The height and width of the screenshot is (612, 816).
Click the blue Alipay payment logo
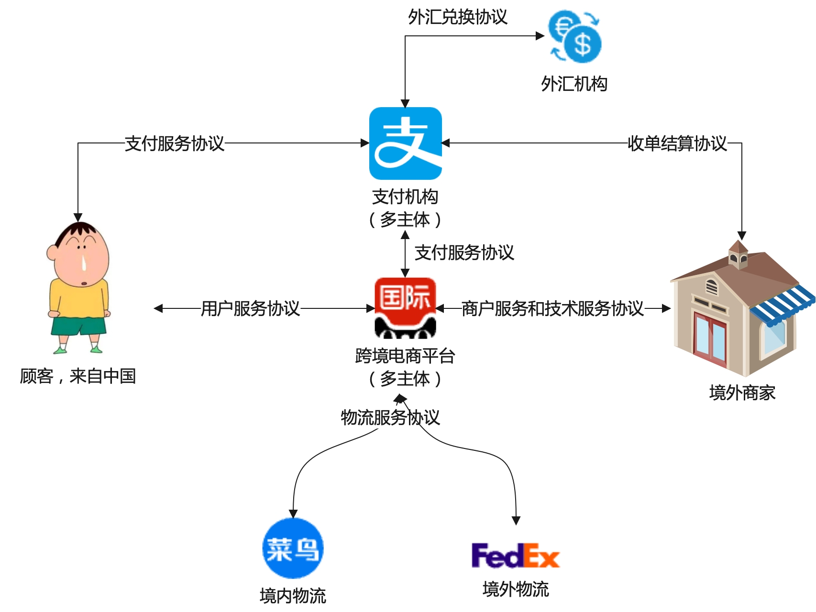(405, 143)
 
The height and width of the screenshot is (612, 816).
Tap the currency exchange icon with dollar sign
(575, 37)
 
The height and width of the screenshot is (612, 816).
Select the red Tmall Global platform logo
(405, 308)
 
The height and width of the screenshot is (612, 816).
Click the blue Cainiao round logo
(293, 548)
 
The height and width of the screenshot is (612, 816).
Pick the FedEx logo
(515, 556)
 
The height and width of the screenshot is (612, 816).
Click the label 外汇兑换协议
(457, 17)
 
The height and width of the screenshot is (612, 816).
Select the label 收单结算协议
(677, 143)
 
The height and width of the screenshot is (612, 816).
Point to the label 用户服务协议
(250, 309)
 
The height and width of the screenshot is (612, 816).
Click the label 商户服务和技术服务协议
(552, 309)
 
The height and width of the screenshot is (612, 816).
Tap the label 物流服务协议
(390, 417)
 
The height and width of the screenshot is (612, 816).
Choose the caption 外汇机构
(574, 84)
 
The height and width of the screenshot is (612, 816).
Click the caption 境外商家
(742, 393)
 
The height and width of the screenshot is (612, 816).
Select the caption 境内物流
(293, 596)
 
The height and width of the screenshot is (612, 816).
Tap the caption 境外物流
(516, 590)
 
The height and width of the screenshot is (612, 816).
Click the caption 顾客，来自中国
(78, 376)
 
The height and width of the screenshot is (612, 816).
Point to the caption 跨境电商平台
(405, 356)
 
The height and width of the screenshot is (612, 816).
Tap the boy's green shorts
(79, 326)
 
